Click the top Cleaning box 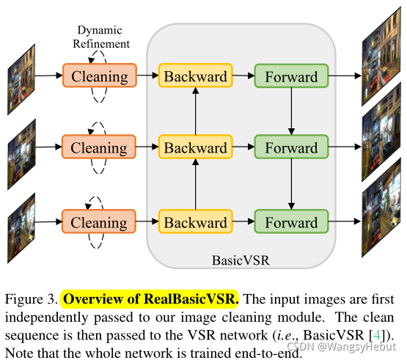(99, 76)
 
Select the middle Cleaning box (99, 147)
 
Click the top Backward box (195, 76)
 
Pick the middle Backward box (195, 147)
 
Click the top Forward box (291, 76)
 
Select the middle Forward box (291, 147)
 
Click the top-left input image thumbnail (20, 71)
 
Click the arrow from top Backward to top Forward (243, 76)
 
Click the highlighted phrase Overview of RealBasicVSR (150, 300)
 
